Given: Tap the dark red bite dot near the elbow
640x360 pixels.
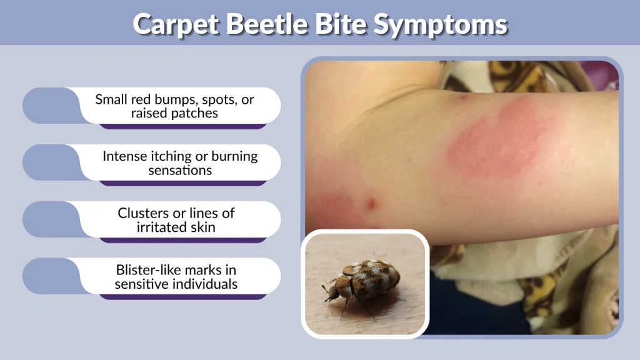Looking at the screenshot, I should (x=372, y=204).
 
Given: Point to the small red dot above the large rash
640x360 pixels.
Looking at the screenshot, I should (x=462, y=97).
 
